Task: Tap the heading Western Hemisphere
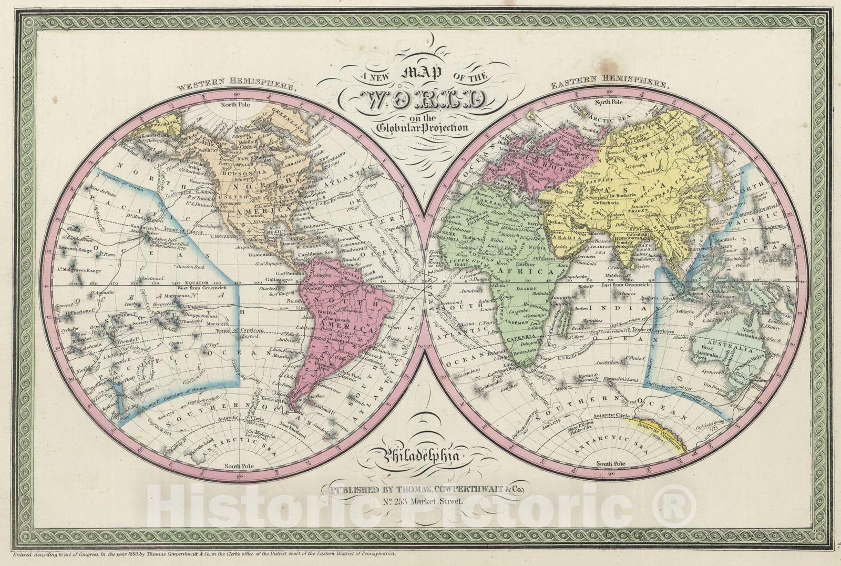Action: [x=236, y=84]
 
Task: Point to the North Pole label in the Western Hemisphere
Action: [x=235, y=104]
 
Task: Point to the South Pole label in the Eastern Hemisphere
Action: [x=611, y=463]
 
